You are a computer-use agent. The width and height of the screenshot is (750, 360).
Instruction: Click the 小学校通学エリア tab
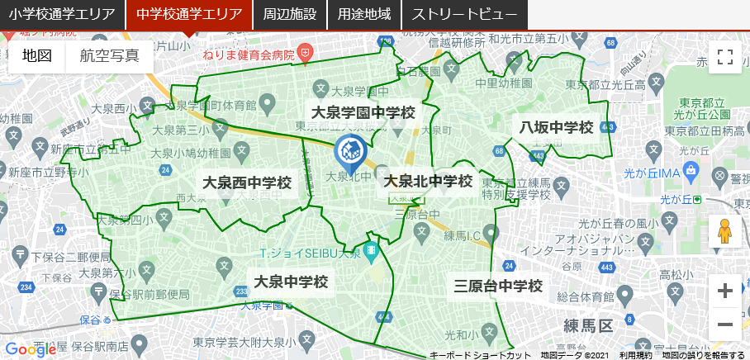[x=62, y=15]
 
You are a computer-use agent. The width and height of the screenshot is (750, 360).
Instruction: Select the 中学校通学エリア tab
[x=189, y=15]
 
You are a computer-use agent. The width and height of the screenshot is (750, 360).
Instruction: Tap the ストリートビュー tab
[x=464, y=15]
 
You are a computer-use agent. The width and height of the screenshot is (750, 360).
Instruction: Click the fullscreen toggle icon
[x=725, y=57]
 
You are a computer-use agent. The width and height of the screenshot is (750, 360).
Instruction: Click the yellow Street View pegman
[x=725, y=232]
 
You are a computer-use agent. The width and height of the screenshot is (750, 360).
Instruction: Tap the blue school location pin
[x=349, y=151]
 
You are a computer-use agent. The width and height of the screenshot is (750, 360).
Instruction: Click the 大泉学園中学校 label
[x=363, y=112]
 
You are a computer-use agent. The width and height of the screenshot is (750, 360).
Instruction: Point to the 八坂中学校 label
[x=557, y=127]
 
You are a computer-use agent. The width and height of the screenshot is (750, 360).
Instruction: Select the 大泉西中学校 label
[x=247, y=182]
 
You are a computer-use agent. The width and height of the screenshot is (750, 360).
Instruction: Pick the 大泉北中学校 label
[x=428, y=181]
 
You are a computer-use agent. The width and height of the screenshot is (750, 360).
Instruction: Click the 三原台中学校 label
[x=498, y=287]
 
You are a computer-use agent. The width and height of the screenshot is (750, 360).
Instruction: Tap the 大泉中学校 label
[x=292, y=282]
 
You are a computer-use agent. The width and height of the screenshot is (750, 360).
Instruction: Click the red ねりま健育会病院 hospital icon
[x=305, y=52]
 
